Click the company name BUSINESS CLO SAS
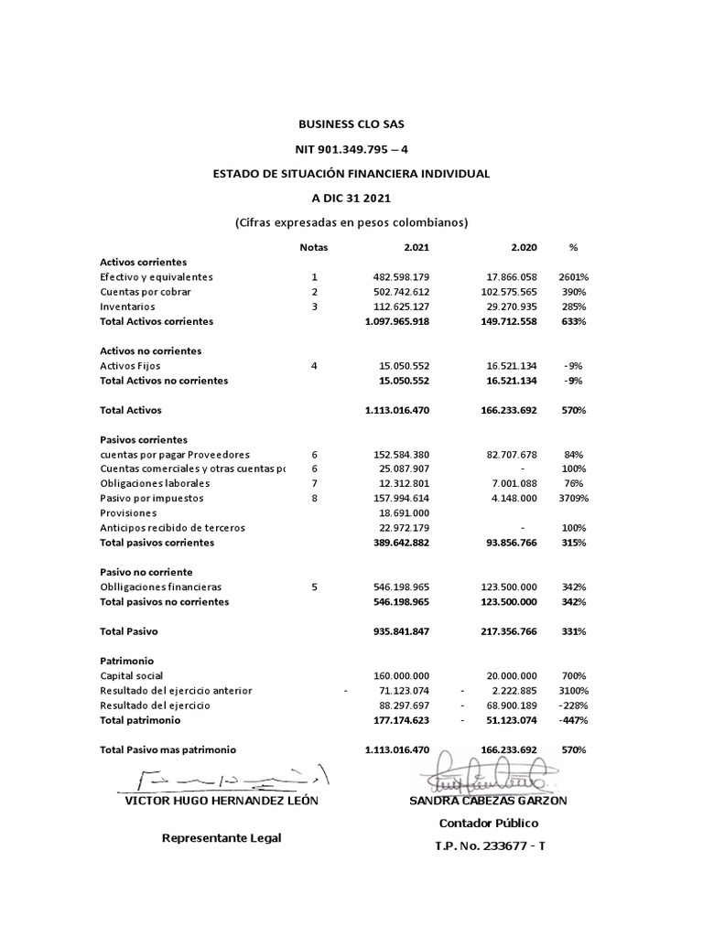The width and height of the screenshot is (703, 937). click(351, 124)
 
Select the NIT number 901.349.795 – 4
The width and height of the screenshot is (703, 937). click(351, 148)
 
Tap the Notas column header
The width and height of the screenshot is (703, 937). click(313, 247)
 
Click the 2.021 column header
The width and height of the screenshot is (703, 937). click(416, 247)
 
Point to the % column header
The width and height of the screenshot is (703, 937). click(574, 247)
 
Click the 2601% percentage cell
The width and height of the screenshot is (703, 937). click(574, 276)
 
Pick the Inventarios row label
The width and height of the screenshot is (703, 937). click(127, 307)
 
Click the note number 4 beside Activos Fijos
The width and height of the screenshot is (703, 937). click(314, 366)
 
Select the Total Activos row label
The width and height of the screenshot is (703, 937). click(130, 411)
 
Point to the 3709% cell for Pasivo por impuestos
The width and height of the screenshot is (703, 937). click(574, 499)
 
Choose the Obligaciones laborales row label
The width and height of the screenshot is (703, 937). click(155, 484)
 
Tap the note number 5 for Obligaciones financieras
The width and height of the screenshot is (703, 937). click(314, 587)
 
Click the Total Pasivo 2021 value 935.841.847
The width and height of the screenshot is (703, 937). click(396, 631)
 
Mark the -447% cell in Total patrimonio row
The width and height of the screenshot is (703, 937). click(574, 720)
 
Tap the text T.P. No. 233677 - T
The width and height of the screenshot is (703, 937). click(489, 845)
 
